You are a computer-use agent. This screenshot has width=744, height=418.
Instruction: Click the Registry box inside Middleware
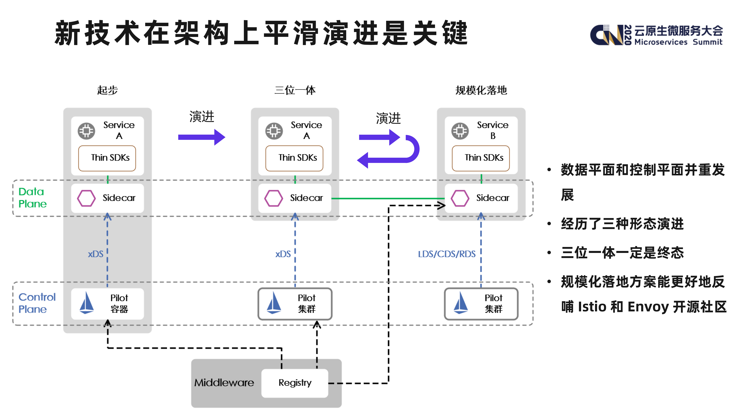(295, 383)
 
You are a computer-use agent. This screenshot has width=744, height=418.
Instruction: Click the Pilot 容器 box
(107, 303)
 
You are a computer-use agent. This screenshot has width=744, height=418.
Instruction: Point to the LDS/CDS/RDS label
(446, 254)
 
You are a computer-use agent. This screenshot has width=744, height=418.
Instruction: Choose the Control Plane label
(37, 303)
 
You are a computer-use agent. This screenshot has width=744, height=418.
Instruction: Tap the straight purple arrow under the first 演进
(201, 137)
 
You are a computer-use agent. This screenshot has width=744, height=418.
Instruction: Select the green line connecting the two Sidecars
(387, 198)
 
